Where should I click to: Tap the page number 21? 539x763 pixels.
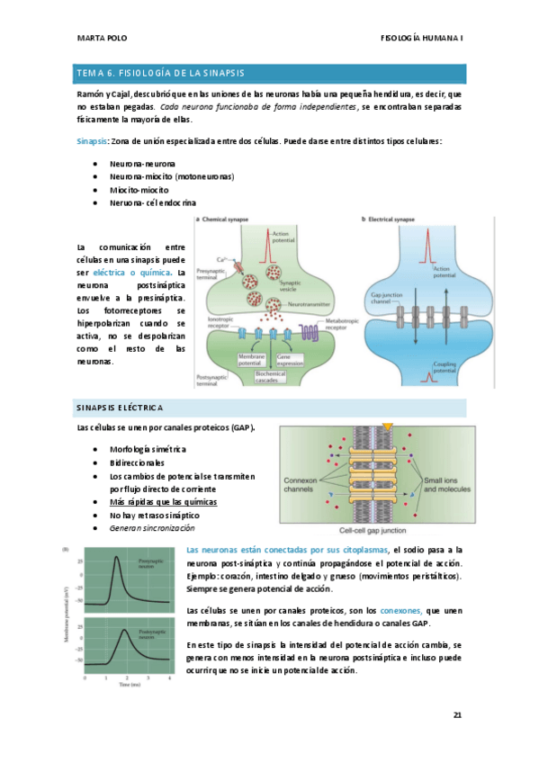[x=457, y=715]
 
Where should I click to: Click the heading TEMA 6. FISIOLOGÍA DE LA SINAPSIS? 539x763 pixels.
[x=160, y=72]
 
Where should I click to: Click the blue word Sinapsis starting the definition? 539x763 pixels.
[x=92, y=141]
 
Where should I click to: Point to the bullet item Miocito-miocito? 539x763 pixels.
[x=139, y=190]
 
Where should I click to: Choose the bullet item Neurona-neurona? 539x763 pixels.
[x=143, y=165]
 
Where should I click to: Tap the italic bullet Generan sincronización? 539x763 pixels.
[x=152, y=528]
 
